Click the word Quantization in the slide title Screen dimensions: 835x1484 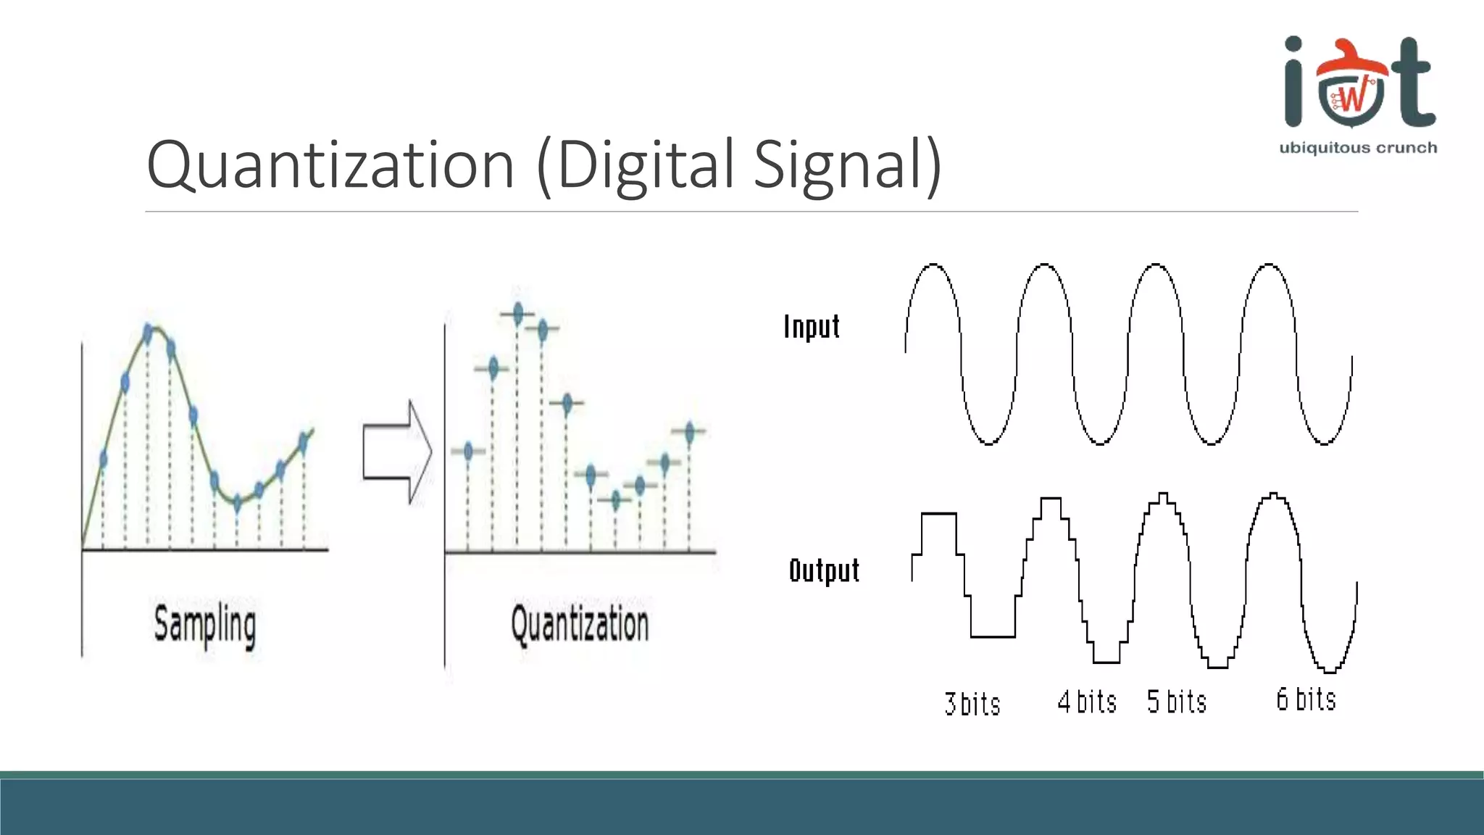pos(330,165)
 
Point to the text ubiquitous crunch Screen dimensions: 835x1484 pos(1358,148)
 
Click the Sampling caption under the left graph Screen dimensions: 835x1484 pos(205,625)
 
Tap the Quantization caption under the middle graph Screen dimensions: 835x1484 pos(580,625)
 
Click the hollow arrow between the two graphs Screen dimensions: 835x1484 pos(397,452)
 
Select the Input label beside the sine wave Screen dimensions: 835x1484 pos(812,327)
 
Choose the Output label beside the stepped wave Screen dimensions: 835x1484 pos(824,570)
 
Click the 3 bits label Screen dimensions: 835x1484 pos(972,704)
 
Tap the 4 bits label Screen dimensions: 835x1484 pos(1087,702)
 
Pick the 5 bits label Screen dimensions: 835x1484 pos(1177,702)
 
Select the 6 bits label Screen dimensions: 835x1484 pos(1306,699)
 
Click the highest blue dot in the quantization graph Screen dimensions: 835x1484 pos(517,314)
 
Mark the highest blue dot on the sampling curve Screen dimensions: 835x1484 pos(149,333)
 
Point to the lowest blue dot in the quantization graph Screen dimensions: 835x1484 pos(616,499)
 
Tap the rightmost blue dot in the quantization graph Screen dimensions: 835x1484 pos(689,433)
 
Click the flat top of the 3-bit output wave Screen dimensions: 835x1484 pos(939,513)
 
